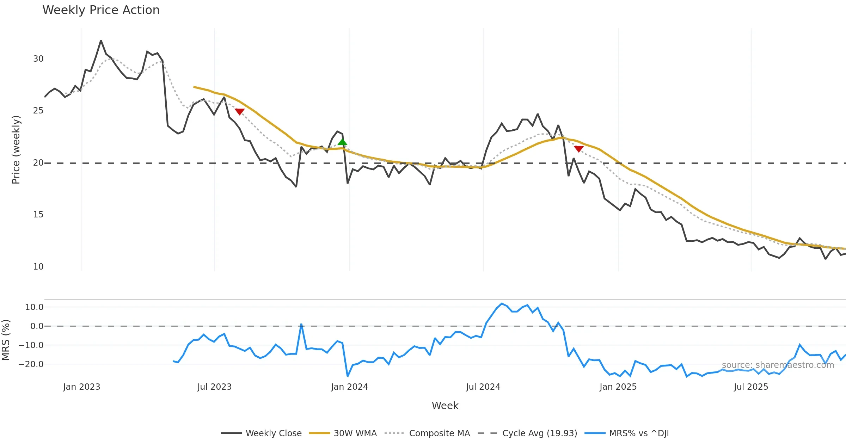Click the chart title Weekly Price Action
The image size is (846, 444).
[x=101, y=10]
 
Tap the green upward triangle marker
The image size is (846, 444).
[x=342, y=142]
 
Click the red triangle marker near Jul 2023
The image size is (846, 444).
[x=240, y=112]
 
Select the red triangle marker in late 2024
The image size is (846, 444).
[x=578, y=149]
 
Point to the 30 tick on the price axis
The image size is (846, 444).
[x=38, y=59]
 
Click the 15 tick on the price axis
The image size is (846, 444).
[x=38, y=215]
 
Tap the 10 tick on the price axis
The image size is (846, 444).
[x=38, y=267]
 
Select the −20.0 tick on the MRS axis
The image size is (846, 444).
[x=31, y=364]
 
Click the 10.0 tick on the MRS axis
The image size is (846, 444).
[x=34, y=307]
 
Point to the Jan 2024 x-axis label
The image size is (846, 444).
[x=349, y=387]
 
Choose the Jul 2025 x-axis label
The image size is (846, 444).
[x=751, y=387]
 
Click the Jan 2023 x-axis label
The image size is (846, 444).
[x=81, y=387]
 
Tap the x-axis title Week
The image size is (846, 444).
[x=445, y=406]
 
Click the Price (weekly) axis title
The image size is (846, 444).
[x=16, y=150]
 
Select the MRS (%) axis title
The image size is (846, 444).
[x=6, y=340]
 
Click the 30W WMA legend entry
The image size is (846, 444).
[x=355, y=433]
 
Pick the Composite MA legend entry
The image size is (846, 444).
[x=439, y=433]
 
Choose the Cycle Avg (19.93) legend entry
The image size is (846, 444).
[x=539, y=433]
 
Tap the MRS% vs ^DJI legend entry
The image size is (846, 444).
[x=638, y=433]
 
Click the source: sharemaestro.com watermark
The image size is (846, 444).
[x=778, y=365]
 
